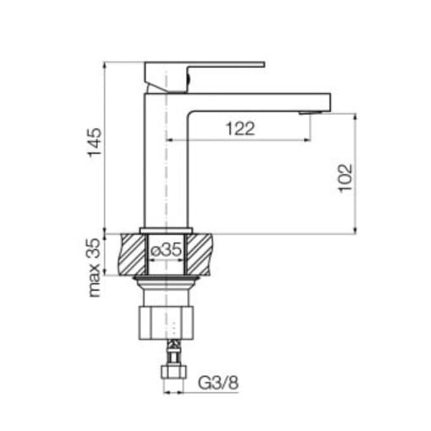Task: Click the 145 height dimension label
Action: (95, 143)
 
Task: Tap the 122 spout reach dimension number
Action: (240, 128)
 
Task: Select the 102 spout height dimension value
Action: (345, 178)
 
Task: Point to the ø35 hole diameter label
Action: (166, 249)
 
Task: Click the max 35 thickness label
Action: (95, 268)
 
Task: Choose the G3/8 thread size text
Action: (218, 383)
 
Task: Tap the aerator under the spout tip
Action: (310, 113)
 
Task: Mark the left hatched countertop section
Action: (133, 254)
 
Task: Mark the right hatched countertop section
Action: (199, 254)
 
